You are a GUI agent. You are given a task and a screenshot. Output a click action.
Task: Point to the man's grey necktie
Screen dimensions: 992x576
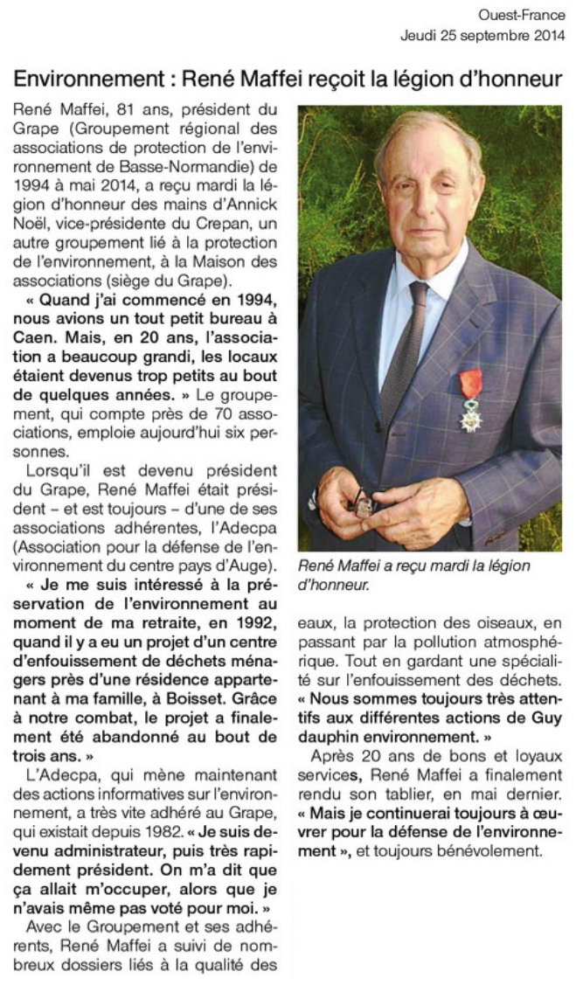pos(403,350)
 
